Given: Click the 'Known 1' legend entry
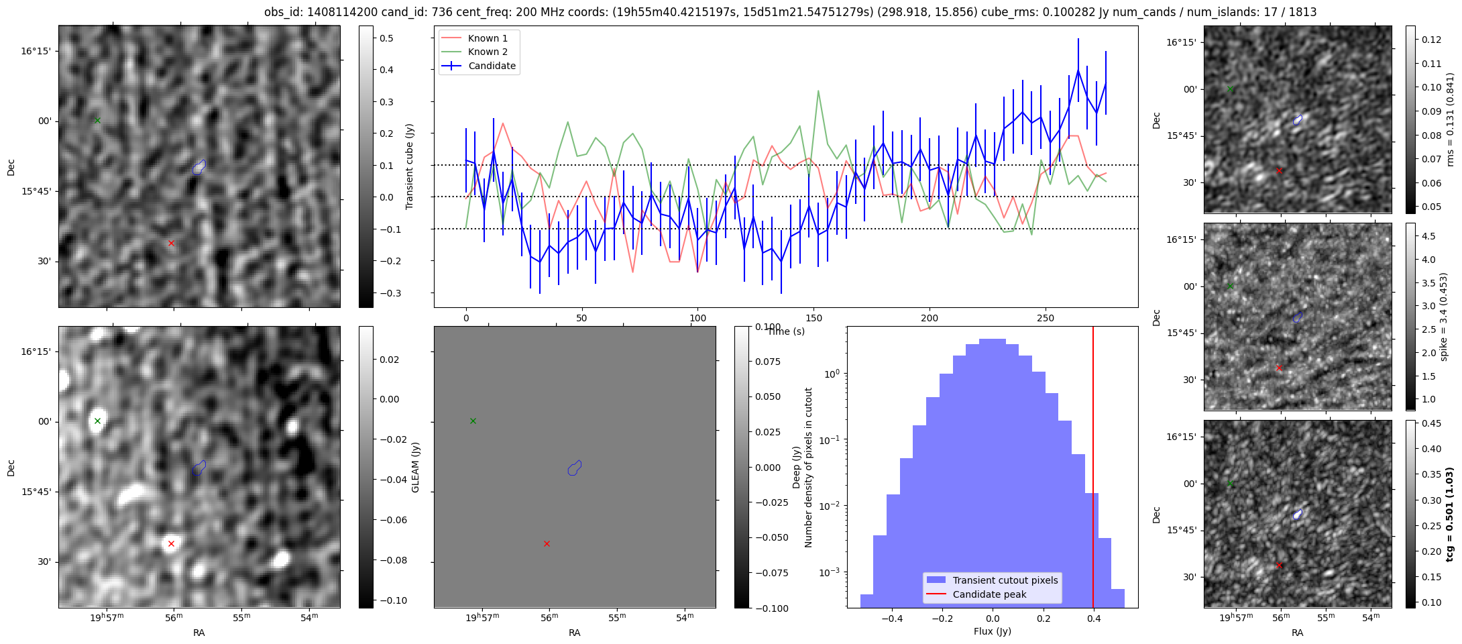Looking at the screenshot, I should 488,38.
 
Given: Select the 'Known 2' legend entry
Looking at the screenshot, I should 488,52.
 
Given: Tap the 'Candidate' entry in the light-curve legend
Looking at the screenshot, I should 492,66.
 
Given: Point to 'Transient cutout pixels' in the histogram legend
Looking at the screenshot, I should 1005,580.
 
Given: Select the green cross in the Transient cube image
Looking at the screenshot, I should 97,120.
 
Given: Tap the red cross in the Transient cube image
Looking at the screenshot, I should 171,243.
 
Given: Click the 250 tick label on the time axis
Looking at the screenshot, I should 1046,318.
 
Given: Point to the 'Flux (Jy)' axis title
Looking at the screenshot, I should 992,631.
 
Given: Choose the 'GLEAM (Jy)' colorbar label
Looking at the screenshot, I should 415,467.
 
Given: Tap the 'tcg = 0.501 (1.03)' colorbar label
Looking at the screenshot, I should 1449,514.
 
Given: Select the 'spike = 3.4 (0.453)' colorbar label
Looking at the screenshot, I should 1444,317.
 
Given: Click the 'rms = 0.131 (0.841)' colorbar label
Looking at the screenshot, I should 1450,119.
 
